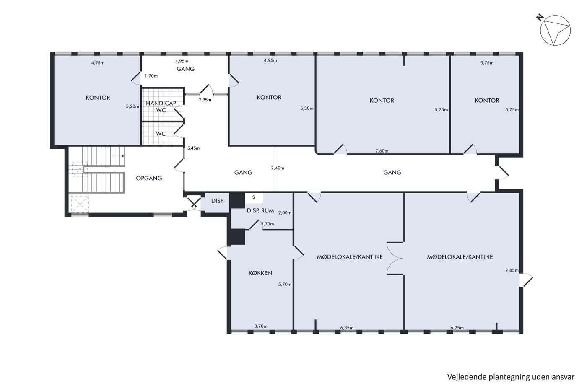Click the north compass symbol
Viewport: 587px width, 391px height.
555,30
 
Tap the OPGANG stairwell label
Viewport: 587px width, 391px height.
149,178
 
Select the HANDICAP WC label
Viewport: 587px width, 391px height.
161,106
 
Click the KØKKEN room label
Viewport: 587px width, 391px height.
260,273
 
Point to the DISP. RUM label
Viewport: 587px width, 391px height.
260,210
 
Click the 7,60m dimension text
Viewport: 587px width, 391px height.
382,151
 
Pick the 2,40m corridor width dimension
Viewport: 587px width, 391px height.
278,168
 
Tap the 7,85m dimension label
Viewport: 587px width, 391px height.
512,270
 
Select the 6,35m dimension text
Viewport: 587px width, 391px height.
347,328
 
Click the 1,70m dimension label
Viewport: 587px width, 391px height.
151,76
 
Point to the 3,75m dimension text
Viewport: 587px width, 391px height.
487,63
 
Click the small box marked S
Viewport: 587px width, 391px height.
254,198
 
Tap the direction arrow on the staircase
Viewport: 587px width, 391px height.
118,156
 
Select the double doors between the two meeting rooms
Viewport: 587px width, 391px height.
395,258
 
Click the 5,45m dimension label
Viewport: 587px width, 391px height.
193,148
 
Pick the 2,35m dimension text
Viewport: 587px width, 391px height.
205,100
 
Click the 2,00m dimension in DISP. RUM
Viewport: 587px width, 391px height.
285,213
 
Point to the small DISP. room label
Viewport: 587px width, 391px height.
218,201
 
